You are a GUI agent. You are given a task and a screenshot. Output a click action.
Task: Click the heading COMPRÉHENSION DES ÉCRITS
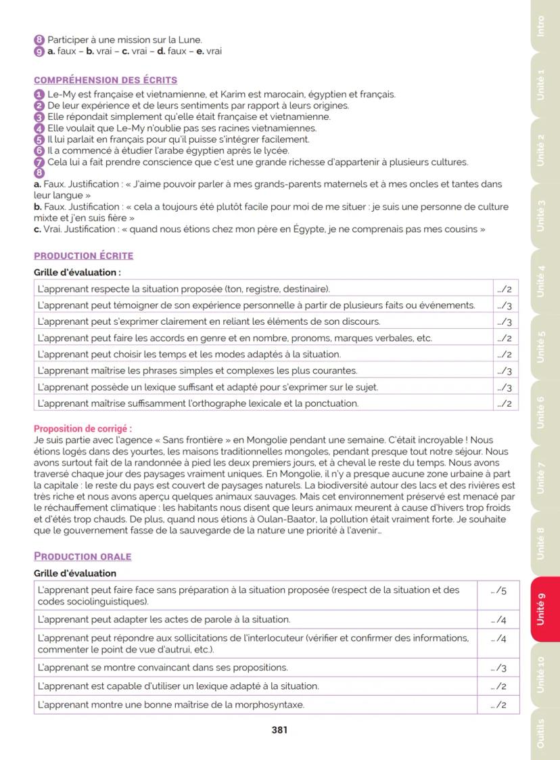pos(106,81)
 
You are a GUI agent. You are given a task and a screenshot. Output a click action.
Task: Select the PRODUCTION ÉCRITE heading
pos(83,256)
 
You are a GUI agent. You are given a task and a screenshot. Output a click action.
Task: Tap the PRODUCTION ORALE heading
pos(83,556)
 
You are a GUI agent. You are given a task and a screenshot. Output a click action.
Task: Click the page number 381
pos(280,730)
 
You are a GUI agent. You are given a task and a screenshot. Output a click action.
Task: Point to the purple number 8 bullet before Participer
pos(39,40)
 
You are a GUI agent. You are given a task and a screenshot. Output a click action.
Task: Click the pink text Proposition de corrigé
pos(83,429)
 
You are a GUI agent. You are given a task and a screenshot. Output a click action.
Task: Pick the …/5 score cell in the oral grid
pos(498,591)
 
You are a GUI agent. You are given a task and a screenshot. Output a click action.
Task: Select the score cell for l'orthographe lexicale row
pos(504,404)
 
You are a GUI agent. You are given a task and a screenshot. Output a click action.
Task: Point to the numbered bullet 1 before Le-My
pos(39,95)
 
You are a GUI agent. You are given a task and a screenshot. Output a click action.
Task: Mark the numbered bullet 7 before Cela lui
pos(39,162)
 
